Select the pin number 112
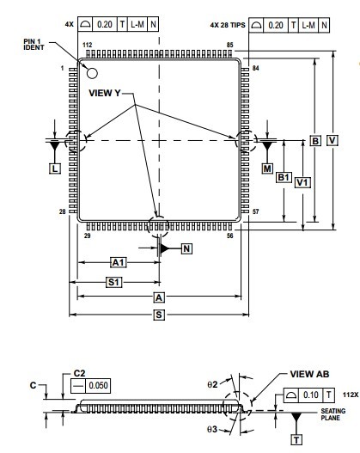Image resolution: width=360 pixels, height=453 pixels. coord(86,45)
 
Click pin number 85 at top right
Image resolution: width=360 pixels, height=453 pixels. coord(229,45)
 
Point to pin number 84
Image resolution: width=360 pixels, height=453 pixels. coord(255,65)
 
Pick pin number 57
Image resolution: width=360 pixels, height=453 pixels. coord(255,211)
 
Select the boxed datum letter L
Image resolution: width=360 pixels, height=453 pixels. coord(54,170)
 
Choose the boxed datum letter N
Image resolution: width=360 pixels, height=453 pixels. coord(186,248)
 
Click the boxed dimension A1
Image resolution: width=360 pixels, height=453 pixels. coord(119,262)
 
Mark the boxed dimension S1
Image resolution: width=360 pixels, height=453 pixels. coord(113,281)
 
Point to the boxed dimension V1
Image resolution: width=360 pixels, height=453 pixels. coord(302,182)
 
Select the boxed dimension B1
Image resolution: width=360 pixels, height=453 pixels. coord(283,177)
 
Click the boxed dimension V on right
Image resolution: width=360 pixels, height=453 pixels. coord(332,140)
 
